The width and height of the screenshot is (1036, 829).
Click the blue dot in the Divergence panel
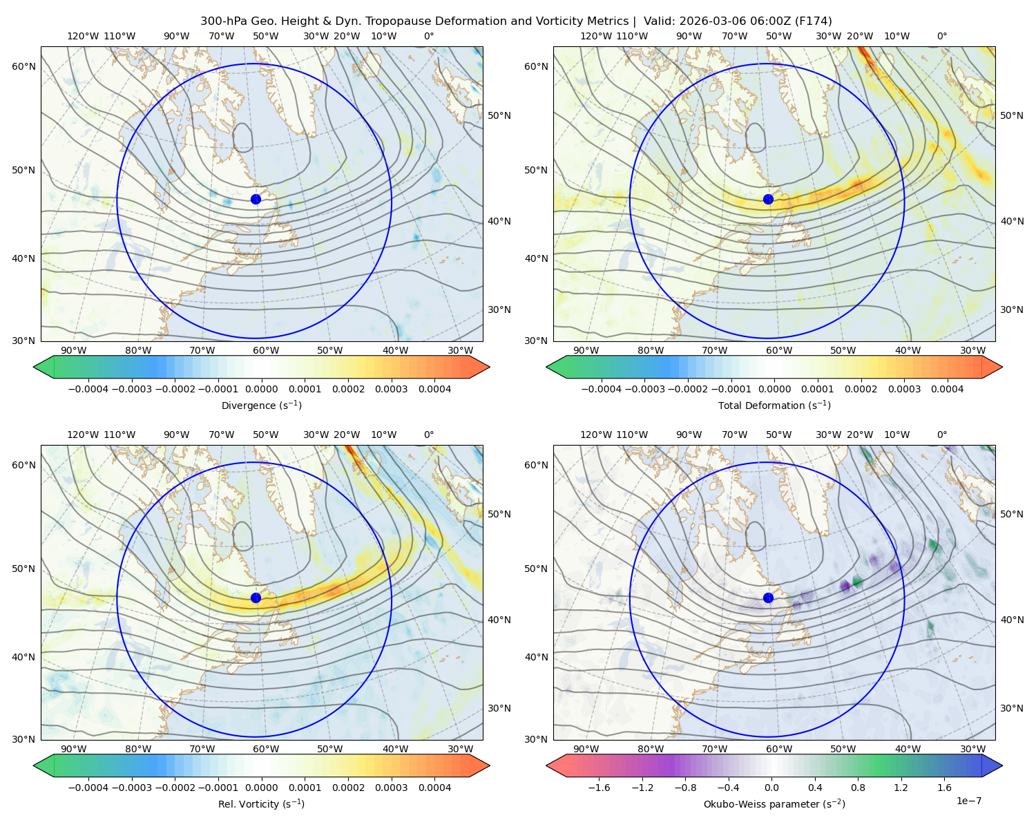tap(256, 200)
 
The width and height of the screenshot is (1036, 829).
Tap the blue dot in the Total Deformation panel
tap(768, 200)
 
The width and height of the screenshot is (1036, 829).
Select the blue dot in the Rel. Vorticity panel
tap(256, 598)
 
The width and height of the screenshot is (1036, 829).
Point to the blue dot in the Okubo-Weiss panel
tap(768, 598)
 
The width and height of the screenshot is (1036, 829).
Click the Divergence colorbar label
tap(261, 406)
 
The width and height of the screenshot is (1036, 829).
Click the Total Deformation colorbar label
tap(774, 406)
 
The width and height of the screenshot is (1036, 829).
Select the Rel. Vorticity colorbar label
tap(261, 804)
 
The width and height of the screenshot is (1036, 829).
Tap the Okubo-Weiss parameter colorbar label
tap(774, 804)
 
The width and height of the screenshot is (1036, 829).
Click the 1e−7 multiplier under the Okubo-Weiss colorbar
tap(968, 801)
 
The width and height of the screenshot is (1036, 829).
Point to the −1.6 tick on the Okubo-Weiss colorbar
tap(599, 788)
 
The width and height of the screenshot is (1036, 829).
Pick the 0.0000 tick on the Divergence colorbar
tap(261, 389)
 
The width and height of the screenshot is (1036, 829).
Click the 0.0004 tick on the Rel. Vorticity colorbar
tap(434, 788)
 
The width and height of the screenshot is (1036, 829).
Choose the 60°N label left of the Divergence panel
tap(23, 66)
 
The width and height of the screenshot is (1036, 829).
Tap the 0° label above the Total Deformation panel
tap(941, 36)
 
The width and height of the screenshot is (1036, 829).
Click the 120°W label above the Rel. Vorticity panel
tap(83, 435)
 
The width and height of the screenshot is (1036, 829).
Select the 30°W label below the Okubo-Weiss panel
tap(973, 749)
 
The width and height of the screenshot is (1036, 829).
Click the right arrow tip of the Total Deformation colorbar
tap(1002, 367)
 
